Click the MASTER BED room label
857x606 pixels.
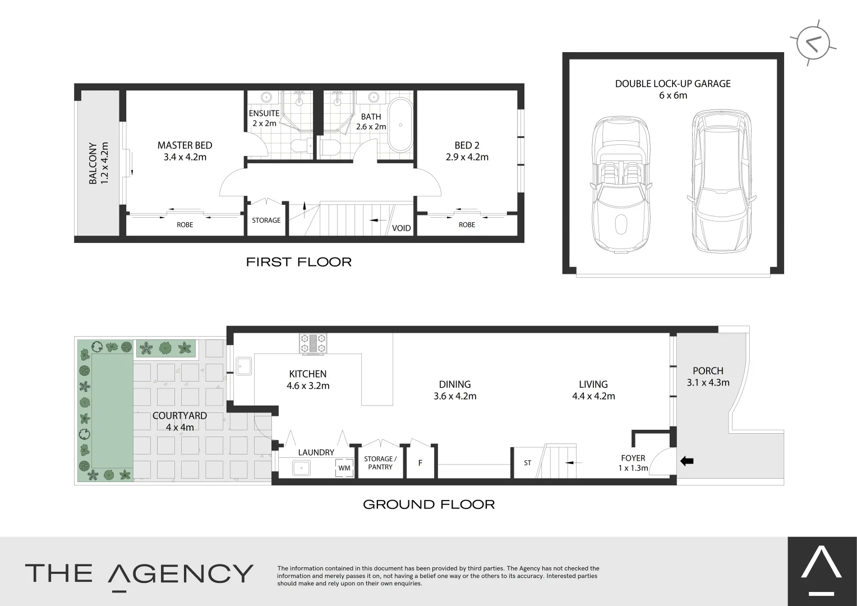(x=185, y=145)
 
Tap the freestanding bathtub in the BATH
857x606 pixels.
(x=400, y=125)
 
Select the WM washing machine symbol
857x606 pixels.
(x=344, y=468)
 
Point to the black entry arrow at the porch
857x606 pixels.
(x=686, y=461)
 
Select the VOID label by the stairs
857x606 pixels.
(x=401, y=228)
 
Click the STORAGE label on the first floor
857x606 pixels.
(x=266, y=221)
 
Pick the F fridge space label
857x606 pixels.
(x=420, y=463)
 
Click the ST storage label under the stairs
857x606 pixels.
(x=527, y=463)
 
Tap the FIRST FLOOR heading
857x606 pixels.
(x=298, y=262)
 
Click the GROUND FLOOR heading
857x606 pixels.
(x=428, y=504)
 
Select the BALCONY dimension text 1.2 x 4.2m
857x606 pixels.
(x=104, y=163)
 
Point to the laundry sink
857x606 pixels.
(x=302, y=467)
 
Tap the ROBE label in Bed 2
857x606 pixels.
(x=467, y=224)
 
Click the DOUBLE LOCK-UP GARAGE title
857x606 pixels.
(x=672, y=84)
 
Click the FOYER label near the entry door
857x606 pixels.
(x=633, y=458)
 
